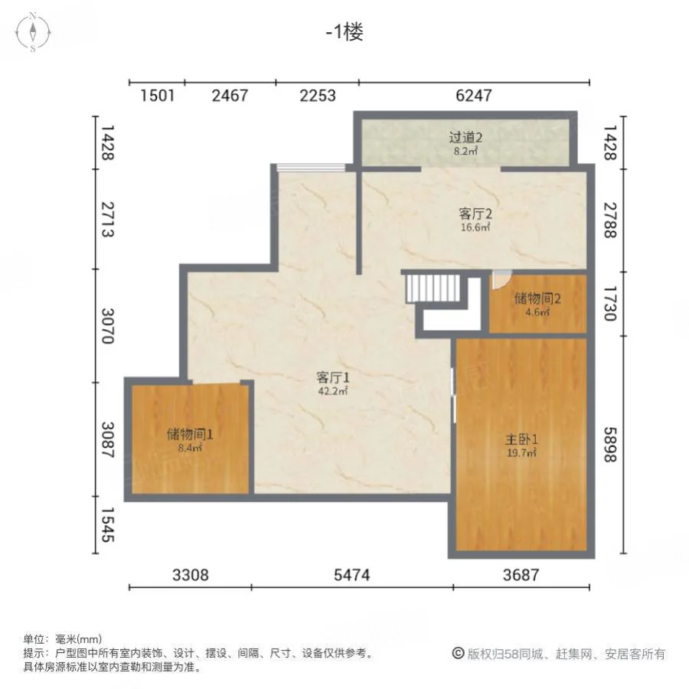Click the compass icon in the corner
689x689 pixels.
click(33, 32)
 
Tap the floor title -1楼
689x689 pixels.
click(344, 31)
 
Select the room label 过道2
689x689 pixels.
click(465, 138)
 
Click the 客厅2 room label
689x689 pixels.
click(475, 214)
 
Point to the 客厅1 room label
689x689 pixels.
click(333, 377)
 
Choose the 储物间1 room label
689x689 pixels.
click(190, 434)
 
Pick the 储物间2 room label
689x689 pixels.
click(537, 299)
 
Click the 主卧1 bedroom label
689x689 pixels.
click(521, 439)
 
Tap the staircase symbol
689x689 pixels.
click(433, 289)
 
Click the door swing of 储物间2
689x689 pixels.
click(501, 280)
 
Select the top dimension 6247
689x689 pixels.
click(474, 96)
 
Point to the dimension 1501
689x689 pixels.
click(157, 96)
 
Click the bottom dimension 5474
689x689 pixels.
click(352, 575)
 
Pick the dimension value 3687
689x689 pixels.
click(521, 575)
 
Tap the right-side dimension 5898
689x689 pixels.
click(610, 445)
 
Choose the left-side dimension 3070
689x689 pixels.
click(108, 325)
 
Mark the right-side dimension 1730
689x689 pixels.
click(610, 304)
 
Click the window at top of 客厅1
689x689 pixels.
click(311, 167)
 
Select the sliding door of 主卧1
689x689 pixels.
click(453, 396)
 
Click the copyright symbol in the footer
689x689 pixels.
click(458, 654)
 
